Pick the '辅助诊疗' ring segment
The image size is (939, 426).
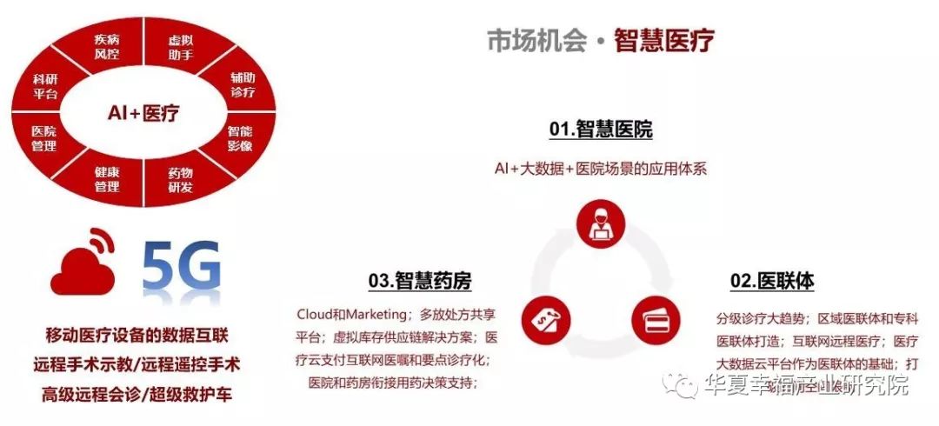click(243, 85)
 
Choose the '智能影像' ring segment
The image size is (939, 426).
click(240, 138)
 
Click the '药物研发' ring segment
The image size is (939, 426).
click(180, 180)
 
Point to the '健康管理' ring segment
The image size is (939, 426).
click(106, 180)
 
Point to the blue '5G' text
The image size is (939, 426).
click(181, 268)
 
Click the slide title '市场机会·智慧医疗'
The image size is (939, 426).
click(600, 41)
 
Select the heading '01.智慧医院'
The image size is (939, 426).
click(600, 130)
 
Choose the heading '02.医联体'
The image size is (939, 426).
click(772, 281)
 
